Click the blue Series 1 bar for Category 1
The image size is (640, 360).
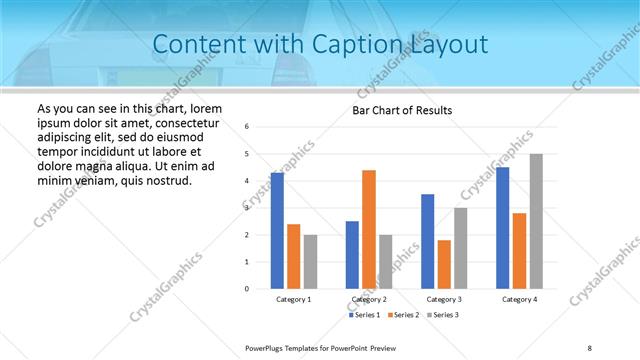[x=277, y=231]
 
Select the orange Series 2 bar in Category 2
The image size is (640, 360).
[x=369, y=229]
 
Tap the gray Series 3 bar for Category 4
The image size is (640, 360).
[x=536, y=221]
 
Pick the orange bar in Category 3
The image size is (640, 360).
[x=444, y=264]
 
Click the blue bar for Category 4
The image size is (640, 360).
[x=503, y=228]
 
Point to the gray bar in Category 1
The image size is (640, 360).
[x=310, y=262]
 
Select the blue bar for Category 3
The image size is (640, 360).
[x=428, y=241]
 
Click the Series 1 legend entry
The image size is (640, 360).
[x=364, y=315]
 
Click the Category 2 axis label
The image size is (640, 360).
[x=369, y=300]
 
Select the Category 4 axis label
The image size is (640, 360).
[x=519, y=300]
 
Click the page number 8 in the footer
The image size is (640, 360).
[x=590, y=347]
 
